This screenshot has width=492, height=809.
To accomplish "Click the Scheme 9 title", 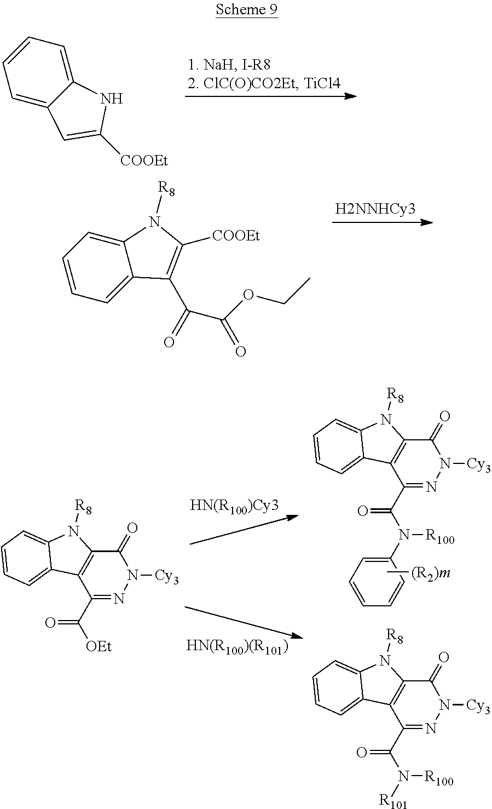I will tap(246, 10).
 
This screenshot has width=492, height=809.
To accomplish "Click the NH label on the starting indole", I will tap(112, 99).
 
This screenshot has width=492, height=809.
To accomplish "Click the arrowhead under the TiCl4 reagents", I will tap(350, 96).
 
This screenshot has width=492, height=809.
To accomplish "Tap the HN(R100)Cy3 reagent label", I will tap(234, 505).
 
